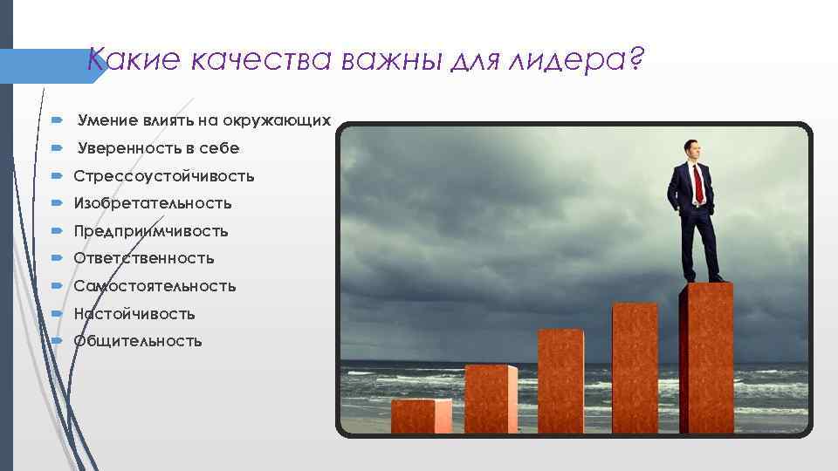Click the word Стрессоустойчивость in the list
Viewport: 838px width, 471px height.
pos(164,176)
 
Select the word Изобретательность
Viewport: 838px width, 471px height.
pos(153,203)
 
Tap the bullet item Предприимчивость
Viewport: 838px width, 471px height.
pos(151,231)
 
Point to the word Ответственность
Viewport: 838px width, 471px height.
pos(144,258)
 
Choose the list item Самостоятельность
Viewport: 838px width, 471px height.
pos(155,286)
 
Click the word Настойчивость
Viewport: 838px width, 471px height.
pos(134,313)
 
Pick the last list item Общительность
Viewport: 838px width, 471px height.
pos(138,341)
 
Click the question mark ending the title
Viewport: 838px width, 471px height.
pos(635,58)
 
